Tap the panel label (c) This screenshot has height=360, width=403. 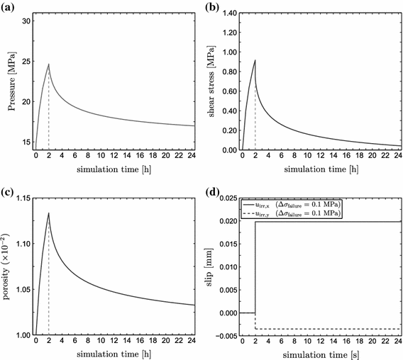click(9, 190)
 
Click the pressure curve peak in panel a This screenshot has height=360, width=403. click(48, 64)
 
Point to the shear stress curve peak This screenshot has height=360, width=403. click(255, 60)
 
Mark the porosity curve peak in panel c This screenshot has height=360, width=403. click(48, 213)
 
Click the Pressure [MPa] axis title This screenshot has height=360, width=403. click(10, 80)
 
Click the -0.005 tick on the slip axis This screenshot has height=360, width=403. click(224, 334)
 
